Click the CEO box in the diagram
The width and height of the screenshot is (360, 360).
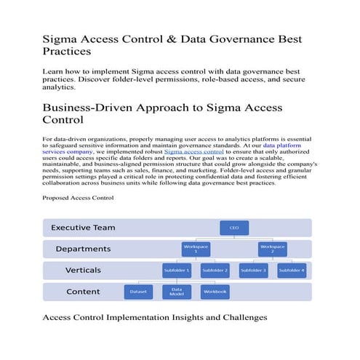pos(233,228)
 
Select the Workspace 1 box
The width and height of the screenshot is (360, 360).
pos(196,249)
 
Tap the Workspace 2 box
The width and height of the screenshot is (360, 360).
pos(272,249)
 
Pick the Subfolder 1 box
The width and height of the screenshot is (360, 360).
pos(177,271)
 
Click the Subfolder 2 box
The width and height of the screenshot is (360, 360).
pos(215,271)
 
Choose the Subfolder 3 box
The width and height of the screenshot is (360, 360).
pos(254,271)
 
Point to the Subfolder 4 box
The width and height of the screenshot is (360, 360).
pos(291,271)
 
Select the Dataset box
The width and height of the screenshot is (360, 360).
pos(138,292)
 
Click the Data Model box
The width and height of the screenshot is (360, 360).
pos(177,292)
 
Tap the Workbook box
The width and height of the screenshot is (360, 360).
pos(215,292)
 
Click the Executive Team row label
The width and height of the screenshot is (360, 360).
pos(83,228)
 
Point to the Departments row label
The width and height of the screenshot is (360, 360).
pos(83,249)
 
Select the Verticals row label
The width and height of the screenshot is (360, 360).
pos(83,271)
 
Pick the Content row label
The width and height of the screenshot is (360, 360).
pos(83,292)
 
